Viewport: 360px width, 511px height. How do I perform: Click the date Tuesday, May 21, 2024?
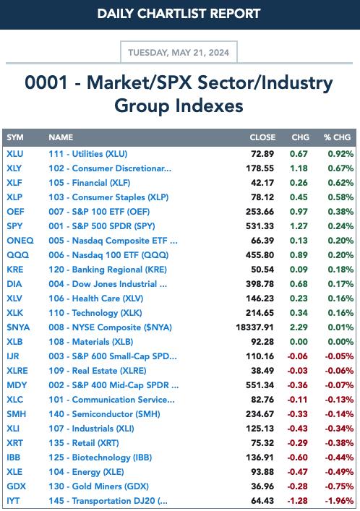pyautogui.click(x=179, y=53)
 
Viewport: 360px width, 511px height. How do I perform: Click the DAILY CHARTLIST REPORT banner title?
pyautogui.click(x=179, y=14)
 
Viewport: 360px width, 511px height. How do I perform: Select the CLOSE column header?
pyautogui.click(x=262, y=137)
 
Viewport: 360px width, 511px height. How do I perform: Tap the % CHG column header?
pyautogui.click(x=337, y=137)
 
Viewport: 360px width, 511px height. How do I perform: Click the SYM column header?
pyautogui.click(x=15, y=137)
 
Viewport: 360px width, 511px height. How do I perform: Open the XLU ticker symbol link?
pyautogui.click(x=15, y=153)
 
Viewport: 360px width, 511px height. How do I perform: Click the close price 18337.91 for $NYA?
pyautogui.click(x=254, y=327)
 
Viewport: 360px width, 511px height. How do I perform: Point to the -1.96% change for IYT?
pyautogui.click(x=339, y=501)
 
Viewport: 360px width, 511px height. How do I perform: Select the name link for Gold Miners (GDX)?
pyautogui.click(x=99, y=486)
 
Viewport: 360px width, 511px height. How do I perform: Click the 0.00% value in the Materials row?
pyautogui.click(x=340, y=342)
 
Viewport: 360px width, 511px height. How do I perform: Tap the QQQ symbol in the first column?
pyautogui.click(x=18, y=255)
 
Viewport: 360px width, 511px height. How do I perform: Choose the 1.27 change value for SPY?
pyautogui.click(x=299, y=226)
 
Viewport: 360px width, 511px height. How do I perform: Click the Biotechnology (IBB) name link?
pyautogui.click(x=100, y=458)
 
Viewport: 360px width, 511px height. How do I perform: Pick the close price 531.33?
pyautogui.click(x=260, y=226)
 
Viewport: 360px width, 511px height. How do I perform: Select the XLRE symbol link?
pyautogui.click(x=17, y=371)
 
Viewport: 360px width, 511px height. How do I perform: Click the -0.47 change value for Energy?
pyautogui.click(x=297, y=471)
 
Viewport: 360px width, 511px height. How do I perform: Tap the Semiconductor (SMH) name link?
pyautogui.click(x=104, y=414)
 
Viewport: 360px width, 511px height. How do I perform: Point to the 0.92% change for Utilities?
pyautogui.click(x=340, y=153)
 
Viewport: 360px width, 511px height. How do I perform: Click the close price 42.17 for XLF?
pyautogui.click(x=262, y=182)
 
